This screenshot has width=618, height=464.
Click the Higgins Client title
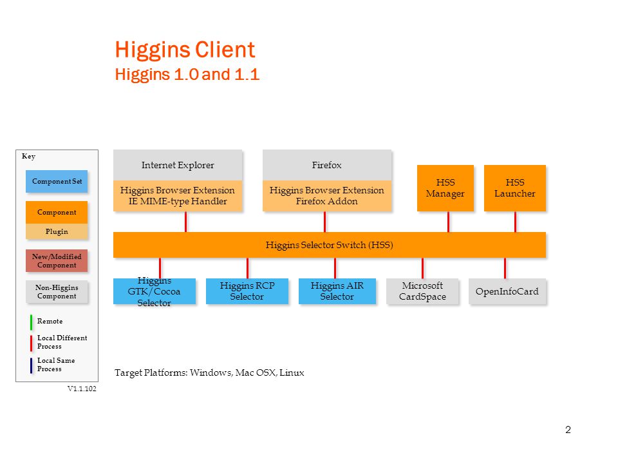click(x=185, y=50)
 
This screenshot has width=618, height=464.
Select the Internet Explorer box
click(x=178, y=165)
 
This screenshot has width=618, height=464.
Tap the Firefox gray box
click(x=327, y=165)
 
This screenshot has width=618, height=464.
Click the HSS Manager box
click(x=445, y=188)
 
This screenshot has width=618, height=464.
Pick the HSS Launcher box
click(x=515, y=188)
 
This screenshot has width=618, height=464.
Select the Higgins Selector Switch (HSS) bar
click(x=330, y=245)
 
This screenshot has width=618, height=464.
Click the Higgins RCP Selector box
click(x=247, y=291)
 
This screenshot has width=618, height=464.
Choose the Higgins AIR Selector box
click(x=337, y=291)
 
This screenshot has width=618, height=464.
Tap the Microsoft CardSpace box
click(x=422, y=291)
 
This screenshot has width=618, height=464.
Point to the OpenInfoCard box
click(x=507, y=291)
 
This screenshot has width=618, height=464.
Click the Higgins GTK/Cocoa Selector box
click(x=154, y=291)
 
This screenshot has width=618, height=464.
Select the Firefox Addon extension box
click(x=327, y=196)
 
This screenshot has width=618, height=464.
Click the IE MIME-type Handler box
click(x=178, y=196)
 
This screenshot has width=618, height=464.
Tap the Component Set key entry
click(x=57, y=182)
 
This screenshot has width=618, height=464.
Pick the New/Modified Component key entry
click(x=57, y=261)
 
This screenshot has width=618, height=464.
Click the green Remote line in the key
click(x=31, y=322)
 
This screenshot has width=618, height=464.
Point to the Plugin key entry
click(x=57, y=231)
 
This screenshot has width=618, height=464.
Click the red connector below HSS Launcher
click(x=515, y=222)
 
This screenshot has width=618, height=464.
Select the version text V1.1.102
click(x=82, y=389)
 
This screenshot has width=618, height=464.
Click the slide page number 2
click(x=568, y=430)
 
